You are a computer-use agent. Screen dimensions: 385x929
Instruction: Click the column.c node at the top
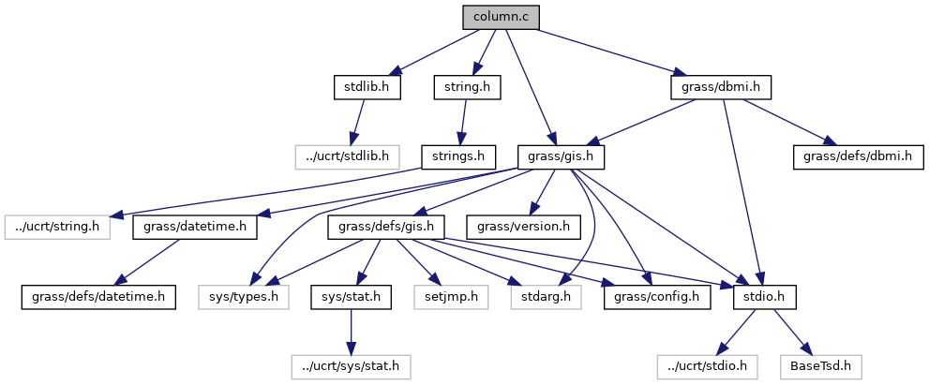pyautogui.click(x=502, y=17)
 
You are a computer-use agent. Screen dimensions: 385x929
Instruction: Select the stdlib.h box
pyautogui.click(x=367, y=87)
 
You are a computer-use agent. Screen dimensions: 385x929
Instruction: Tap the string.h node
pyautogui.click(x=466, y=87)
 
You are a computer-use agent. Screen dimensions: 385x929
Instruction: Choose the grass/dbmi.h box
pyautogui.click(x=721, y=87)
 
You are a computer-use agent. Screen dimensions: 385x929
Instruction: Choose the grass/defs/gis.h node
pyautogui.click(x=385, y=227)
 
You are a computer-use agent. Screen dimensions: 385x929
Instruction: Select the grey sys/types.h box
pyautogui.click(x=238, y=297)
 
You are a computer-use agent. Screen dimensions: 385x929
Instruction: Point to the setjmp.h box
pyautogui.click(x=445, y=297)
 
